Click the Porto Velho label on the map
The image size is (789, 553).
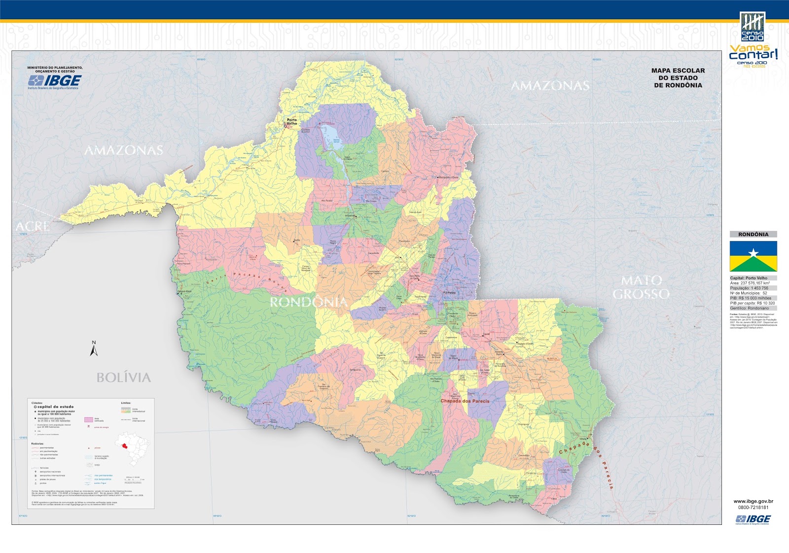coord(292,121)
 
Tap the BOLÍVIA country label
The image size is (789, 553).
coord(123,378)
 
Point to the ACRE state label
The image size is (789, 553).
coord(33,227)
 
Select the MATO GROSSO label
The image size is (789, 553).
coord(641,287)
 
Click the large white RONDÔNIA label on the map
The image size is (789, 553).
coord(308,302)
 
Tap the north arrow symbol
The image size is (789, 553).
coord(94,349)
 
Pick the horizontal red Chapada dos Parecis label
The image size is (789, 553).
coord(465,401)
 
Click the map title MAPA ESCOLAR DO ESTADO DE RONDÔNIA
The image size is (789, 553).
coord(678,78)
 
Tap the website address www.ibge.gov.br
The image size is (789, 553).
coord(753,501)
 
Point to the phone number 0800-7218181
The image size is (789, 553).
coord(753,508)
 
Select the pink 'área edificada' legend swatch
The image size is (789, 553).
coord(89,420)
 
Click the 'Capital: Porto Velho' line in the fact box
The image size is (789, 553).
coord(749,278)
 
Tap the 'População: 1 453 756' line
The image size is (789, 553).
coord(749,288)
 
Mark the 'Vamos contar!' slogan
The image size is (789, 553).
coord(753,52)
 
